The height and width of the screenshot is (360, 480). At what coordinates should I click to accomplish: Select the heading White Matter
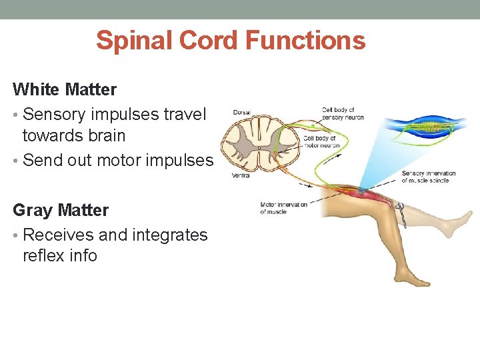(x=65, y=89)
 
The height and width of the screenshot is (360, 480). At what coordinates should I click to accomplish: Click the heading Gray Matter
(x=61, y=210)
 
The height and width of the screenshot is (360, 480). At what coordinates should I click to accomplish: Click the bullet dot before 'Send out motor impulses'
(x=16, y=161)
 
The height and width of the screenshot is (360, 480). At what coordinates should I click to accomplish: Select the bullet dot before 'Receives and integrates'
(x=16, y=235)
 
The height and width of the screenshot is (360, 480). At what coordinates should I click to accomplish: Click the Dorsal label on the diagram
(x=241, y=113)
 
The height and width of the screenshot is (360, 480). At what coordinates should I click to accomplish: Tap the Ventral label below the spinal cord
(x=242, y=176)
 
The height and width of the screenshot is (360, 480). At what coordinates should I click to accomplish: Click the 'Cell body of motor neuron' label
(x=321, y=142)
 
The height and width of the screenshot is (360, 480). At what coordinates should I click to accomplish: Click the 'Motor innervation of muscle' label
(x=283, y=208)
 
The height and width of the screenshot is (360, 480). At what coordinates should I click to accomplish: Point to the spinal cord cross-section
(x=260, y=143)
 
